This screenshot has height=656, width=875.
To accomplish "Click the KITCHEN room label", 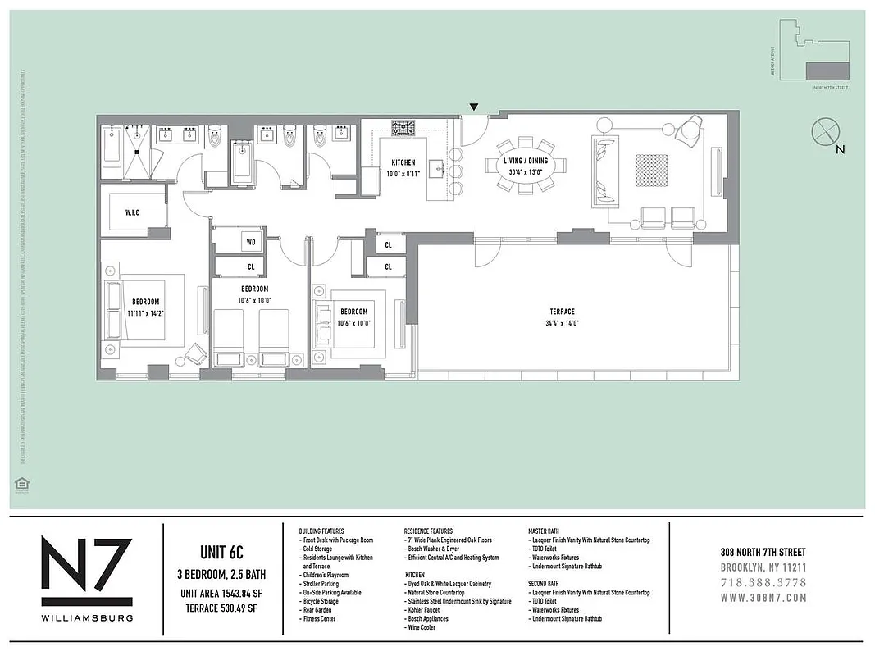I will click(403, 162).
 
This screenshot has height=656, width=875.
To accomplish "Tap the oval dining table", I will click(525, 166).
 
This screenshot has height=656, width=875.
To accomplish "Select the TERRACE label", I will click(562, 312).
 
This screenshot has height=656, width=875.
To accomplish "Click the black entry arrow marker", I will click(473, 107).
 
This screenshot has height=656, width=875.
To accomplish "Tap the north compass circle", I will click(823, 131).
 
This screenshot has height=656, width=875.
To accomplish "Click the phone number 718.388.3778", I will click(763, 582).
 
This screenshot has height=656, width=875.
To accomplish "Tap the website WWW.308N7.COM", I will click(763, 597).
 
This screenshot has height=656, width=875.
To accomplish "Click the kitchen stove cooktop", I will click(403, 128).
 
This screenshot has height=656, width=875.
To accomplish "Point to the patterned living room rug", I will click(651, 170).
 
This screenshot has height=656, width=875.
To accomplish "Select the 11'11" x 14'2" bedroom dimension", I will click(145, 312).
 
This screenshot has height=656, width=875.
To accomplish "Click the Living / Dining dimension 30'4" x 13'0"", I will click(525, 172).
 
